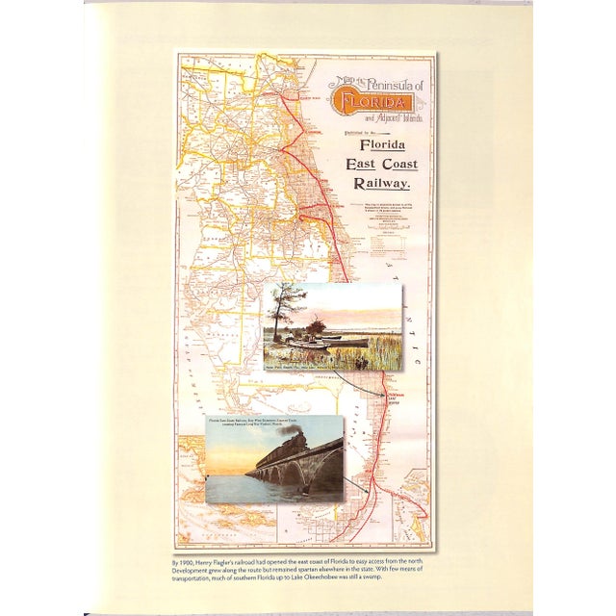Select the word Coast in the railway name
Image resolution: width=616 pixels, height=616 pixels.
point(397,164)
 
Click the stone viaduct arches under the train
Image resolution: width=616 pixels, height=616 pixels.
point(289,475)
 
